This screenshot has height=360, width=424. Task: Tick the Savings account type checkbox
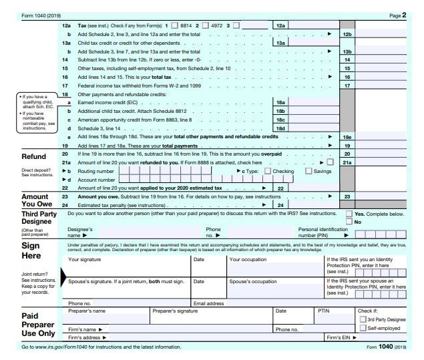308,171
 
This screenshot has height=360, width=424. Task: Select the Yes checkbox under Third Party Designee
349,214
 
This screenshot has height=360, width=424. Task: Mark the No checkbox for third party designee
349,222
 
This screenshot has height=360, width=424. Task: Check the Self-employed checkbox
363,328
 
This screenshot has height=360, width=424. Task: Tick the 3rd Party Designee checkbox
363,319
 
